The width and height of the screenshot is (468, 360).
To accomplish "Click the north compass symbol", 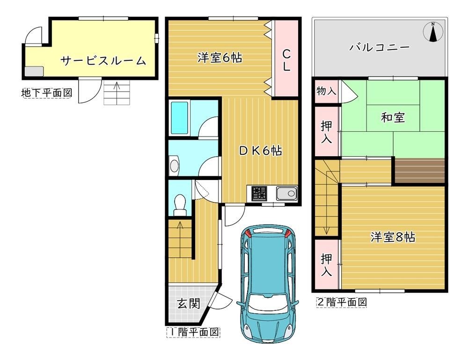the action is (x=433, y=32).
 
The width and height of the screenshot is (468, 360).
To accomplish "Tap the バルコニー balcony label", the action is (x=380, y=47).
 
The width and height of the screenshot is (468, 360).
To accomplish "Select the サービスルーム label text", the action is (x=103, y=61).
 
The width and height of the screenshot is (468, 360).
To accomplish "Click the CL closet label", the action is (x=286, y=60).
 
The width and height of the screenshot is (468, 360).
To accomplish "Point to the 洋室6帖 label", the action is (x=219, y=58).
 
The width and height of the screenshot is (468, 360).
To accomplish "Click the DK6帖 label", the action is (x=260, y=151).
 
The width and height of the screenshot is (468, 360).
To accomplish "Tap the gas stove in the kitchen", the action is (x=259, y=193).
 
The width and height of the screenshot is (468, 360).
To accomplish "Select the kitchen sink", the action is (x=286, y=194).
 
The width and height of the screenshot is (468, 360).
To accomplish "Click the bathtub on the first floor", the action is (x=179, y=118).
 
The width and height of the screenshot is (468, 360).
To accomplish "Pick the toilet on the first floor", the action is (x=180, y=205).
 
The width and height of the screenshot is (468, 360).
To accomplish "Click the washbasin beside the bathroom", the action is (x=174, y=165).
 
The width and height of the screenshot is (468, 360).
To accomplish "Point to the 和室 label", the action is (x=393, y=117).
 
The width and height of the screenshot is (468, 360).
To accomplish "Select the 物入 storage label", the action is (x=326, y=91).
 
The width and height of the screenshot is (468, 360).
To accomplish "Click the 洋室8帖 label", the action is (x=393, y=237).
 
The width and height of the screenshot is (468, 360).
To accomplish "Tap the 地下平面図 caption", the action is (x=47, y=93).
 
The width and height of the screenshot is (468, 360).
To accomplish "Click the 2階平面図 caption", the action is (x=342, y=302).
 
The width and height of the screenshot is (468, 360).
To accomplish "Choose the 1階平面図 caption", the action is (x=193, y=332).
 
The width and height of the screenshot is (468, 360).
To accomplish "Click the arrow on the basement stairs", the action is (x=117, y=89).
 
